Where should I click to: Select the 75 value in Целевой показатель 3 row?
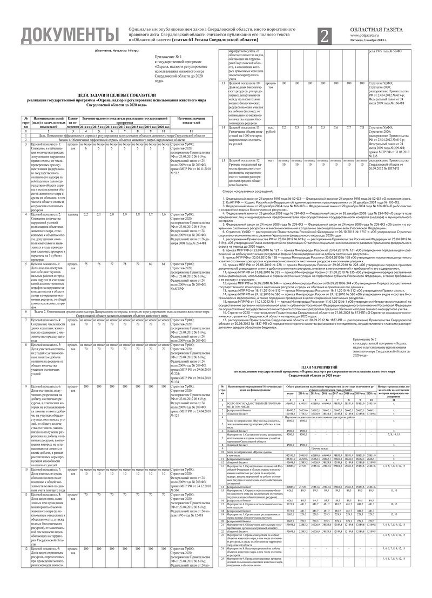point(86,248)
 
